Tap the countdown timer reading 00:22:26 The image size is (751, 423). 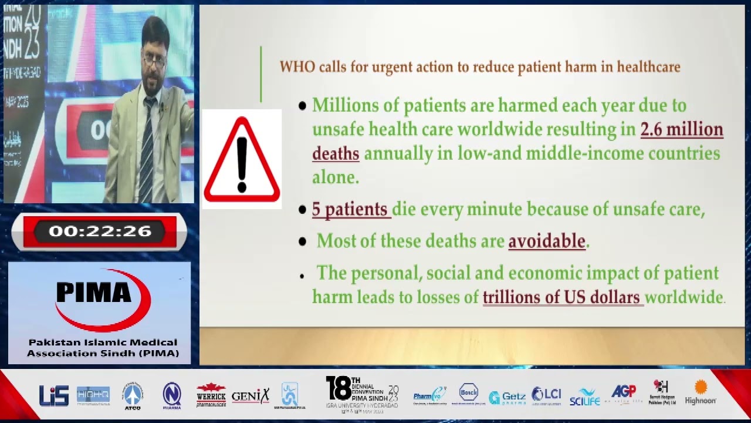100,231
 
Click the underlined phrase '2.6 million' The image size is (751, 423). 681,129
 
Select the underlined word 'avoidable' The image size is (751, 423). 547,241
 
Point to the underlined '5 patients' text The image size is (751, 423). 350,209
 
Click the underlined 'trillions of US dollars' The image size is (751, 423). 561,297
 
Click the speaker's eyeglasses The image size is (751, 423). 154,60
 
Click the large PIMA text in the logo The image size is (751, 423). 94,292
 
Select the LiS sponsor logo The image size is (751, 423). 54,395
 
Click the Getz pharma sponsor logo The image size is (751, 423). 507,398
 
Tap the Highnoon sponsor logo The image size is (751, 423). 701,393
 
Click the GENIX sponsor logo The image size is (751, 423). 251,396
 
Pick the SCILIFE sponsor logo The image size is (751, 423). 584,397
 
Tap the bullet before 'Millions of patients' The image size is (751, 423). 302,106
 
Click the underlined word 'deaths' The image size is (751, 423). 336,154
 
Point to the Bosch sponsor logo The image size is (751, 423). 468,393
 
